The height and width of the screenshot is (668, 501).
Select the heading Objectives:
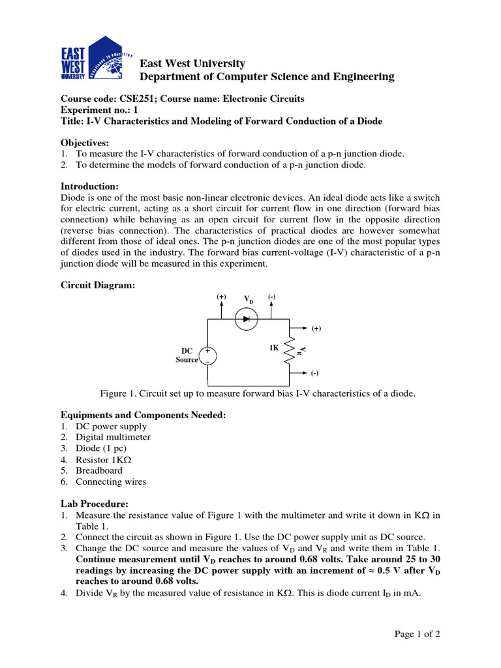[x=85, y=142]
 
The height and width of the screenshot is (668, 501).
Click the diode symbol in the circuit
[x=247, y=319]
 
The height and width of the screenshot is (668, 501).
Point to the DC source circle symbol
[x=207, y=356]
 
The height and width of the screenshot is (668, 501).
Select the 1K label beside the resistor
[x=274, y=348]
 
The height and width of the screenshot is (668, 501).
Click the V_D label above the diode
[x=249, y=299]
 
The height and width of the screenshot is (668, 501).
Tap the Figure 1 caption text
[x=257, y=393]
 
